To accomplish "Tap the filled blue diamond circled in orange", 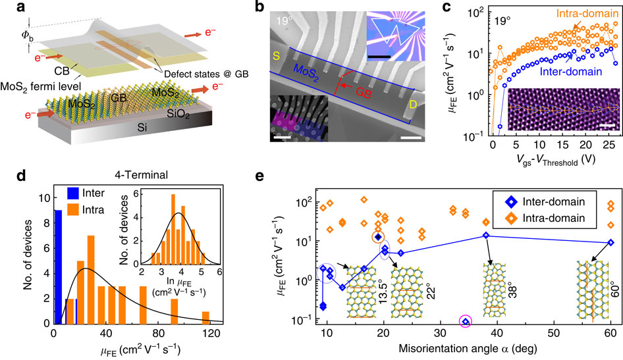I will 378,236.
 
